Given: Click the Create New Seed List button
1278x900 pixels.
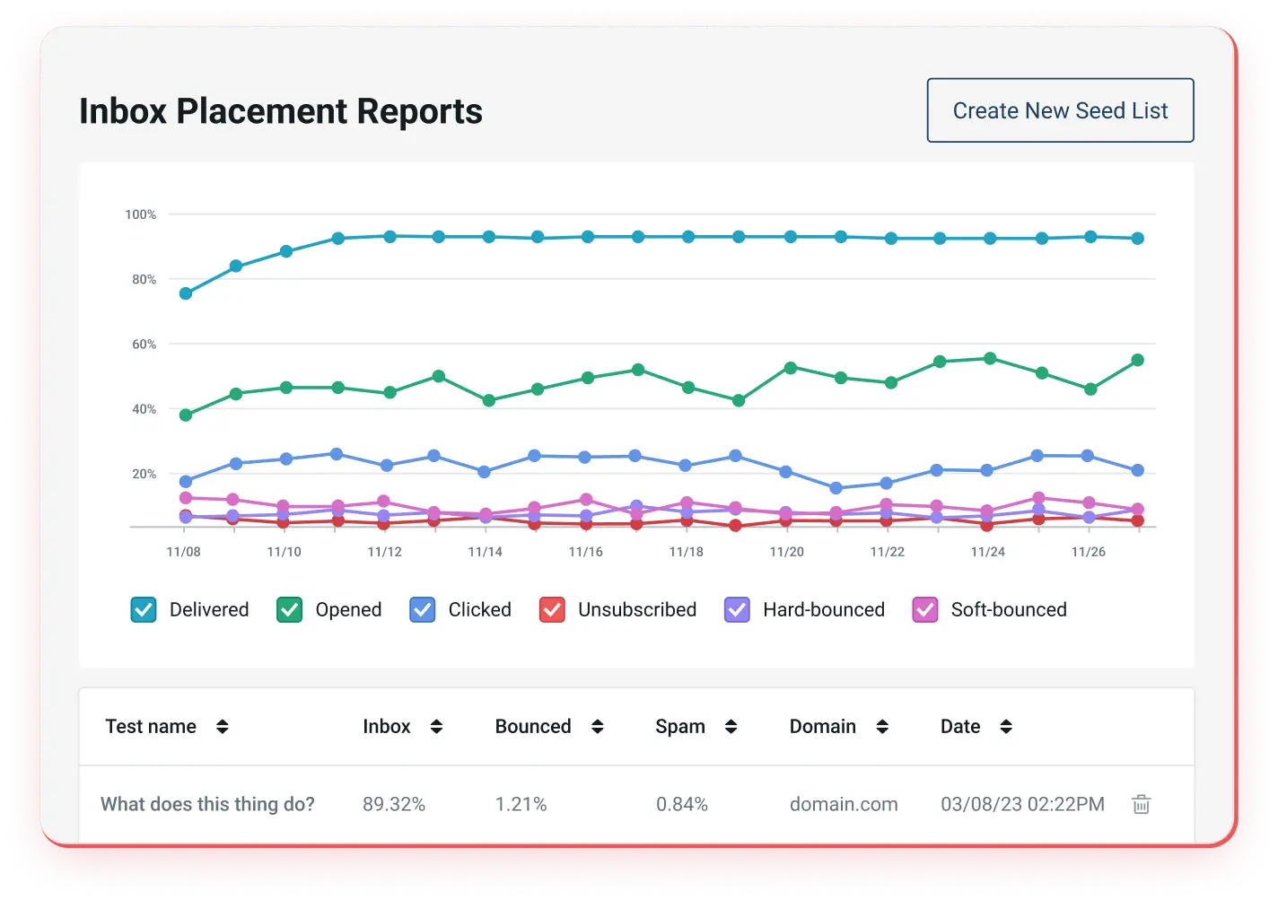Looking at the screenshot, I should [1060, 110].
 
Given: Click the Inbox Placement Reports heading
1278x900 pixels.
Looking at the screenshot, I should [281, 111].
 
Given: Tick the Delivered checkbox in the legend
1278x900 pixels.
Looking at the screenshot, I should [144, 610].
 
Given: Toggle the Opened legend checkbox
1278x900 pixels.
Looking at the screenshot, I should [289, 610].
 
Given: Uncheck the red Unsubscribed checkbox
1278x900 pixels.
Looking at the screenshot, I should [552, 610].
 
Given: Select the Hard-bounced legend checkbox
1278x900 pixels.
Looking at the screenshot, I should [737, 610].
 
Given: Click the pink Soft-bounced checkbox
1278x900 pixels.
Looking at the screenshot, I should [925, 610].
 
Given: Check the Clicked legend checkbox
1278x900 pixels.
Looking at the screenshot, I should [423, 610].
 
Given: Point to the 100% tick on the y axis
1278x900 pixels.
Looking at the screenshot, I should [140, 214].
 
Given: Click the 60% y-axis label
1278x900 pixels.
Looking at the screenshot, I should [144, 345].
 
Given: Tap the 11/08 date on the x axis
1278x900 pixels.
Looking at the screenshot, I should [184, 552].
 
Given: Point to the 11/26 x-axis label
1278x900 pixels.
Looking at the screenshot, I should [1089, 552].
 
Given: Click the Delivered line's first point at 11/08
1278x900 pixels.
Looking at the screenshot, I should [186, 293].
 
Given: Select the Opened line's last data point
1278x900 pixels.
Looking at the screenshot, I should [1138, 360].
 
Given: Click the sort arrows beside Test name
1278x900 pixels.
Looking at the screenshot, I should [223, 727].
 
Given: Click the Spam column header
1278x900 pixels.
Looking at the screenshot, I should [680, 727].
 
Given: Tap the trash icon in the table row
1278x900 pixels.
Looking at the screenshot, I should [1141, 804].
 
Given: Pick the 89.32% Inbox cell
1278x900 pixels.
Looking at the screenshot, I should [394, 804].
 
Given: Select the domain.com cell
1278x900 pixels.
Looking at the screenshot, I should [844, 804].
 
